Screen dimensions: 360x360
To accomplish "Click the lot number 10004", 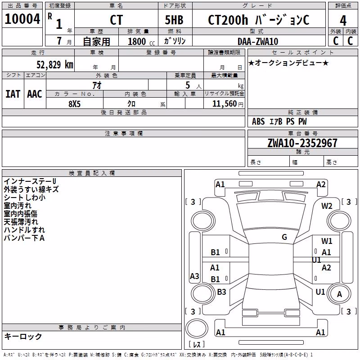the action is point(22,19).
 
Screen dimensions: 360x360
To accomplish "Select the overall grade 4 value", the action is point(343,21).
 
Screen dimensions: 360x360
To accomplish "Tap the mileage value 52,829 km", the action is point(55,65).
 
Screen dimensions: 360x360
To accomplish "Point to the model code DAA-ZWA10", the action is point(258,41).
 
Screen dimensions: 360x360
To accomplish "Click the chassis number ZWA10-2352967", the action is point(302,143).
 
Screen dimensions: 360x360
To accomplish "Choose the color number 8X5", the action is point(75,104).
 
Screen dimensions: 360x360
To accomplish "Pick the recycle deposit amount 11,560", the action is point(225,104).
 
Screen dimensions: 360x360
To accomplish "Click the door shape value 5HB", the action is point(174,20).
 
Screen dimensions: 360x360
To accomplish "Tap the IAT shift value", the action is point(13,94).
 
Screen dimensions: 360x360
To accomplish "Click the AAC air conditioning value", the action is point(35,94).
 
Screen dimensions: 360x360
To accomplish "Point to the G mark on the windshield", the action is point(284,237).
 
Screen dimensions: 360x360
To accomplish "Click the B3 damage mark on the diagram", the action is point(221,292).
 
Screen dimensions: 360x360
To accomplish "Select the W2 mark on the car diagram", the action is point(327,206).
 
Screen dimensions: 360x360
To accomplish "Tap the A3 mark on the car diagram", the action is point(194,276).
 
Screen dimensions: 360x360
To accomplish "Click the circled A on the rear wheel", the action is point(339,294).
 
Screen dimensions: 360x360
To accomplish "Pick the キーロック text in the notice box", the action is point(23,336).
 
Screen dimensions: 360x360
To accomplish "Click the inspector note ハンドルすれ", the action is point(24,230).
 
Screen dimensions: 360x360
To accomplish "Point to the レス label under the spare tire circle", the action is point(197,344).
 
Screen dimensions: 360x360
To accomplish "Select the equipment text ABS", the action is point(258,121).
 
